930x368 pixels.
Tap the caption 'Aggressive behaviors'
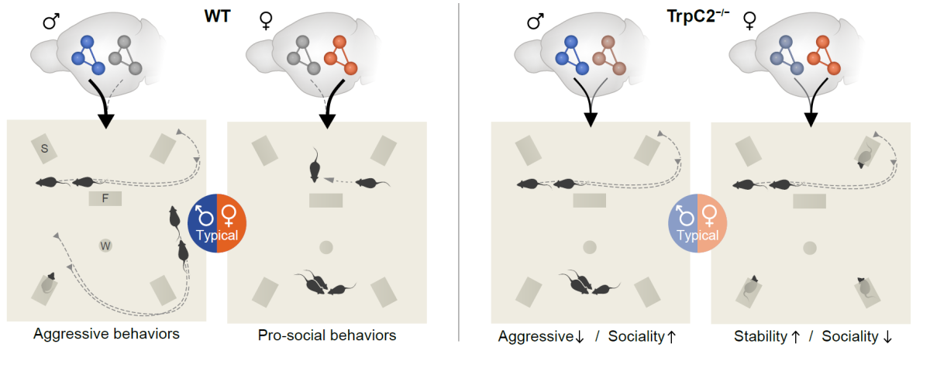tap(107, 335)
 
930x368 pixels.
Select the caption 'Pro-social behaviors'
tap(326, 335)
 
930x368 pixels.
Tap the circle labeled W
tap(105, 246)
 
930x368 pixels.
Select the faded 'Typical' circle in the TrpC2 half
tap(697, 223)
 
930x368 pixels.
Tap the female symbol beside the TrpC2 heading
tap(749, 22)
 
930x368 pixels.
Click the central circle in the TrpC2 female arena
tap(810, 248)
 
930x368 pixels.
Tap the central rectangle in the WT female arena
tap(326, 201)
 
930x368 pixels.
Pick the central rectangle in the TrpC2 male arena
tap(590, 201)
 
